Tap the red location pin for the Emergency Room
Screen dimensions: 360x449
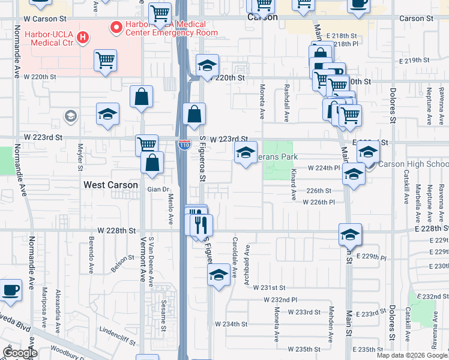[x=113, y=27]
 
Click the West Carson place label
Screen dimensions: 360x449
[x=110, y=185]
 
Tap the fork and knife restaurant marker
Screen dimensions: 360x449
[x=200, y=226]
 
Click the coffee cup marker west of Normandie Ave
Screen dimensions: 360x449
[x=11, y=290]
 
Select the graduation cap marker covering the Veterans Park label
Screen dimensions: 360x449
[x=246, y=154]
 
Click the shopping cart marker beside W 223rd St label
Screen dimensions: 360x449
[x=146, y=145]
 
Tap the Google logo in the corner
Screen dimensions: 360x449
[x=20, y=353]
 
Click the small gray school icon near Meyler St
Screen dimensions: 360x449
[x=71, y=115]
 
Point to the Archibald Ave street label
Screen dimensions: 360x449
[x=246, y=270]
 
